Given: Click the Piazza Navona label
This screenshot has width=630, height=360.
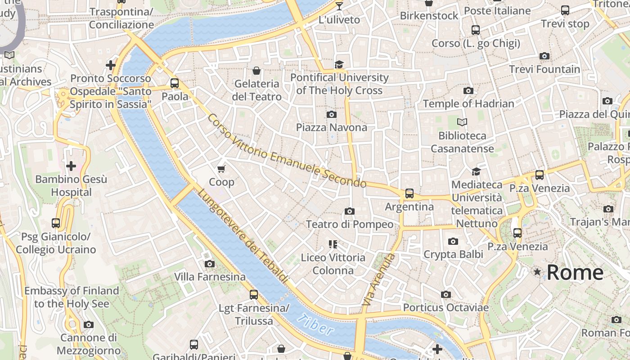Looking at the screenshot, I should pyautogui.click(x=331, y=127).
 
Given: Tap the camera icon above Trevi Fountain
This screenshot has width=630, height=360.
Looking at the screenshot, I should pyautogui.click(x=544, y=56).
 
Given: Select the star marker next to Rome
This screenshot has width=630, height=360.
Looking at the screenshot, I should pyautogui.click(x=537, y=272).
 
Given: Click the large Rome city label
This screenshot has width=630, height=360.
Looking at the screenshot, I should pyautogui.click(x=575, y=272).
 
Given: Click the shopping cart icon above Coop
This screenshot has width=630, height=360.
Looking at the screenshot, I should pyautogui.click(x=221, y=169).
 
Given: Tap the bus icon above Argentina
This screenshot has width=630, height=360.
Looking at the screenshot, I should pyautogui.click(x=409, y=193).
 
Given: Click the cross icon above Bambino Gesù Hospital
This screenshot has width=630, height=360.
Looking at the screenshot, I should pyautogui.click(x=71, y=166).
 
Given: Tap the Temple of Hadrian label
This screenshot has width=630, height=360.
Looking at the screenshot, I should pyautogui.click(x=468, y=104).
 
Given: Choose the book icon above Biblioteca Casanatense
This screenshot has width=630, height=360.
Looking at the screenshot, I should pyautogui.click(x=462, y=122).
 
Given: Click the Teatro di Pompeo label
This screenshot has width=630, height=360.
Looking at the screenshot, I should pyautogui.click(x=350, y=224).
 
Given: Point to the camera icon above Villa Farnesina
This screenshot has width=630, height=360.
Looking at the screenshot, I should pyautogui.click(x=210, y=264).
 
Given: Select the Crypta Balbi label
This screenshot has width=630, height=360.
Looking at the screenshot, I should pyautogui.click(x=453, y=254).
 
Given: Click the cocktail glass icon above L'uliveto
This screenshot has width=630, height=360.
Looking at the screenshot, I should pyautogui.click(x=339, y=6).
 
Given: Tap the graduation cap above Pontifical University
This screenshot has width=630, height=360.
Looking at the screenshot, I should pyautogui.click(x=339, y=64).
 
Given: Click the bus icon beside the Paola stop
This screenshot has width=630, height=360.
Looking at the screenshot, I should pyautogui.click(x=175, y=83).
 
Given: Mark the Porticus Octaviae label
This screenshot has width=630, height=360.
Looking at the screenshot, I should pyautogui.click(x=445, y=308).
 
